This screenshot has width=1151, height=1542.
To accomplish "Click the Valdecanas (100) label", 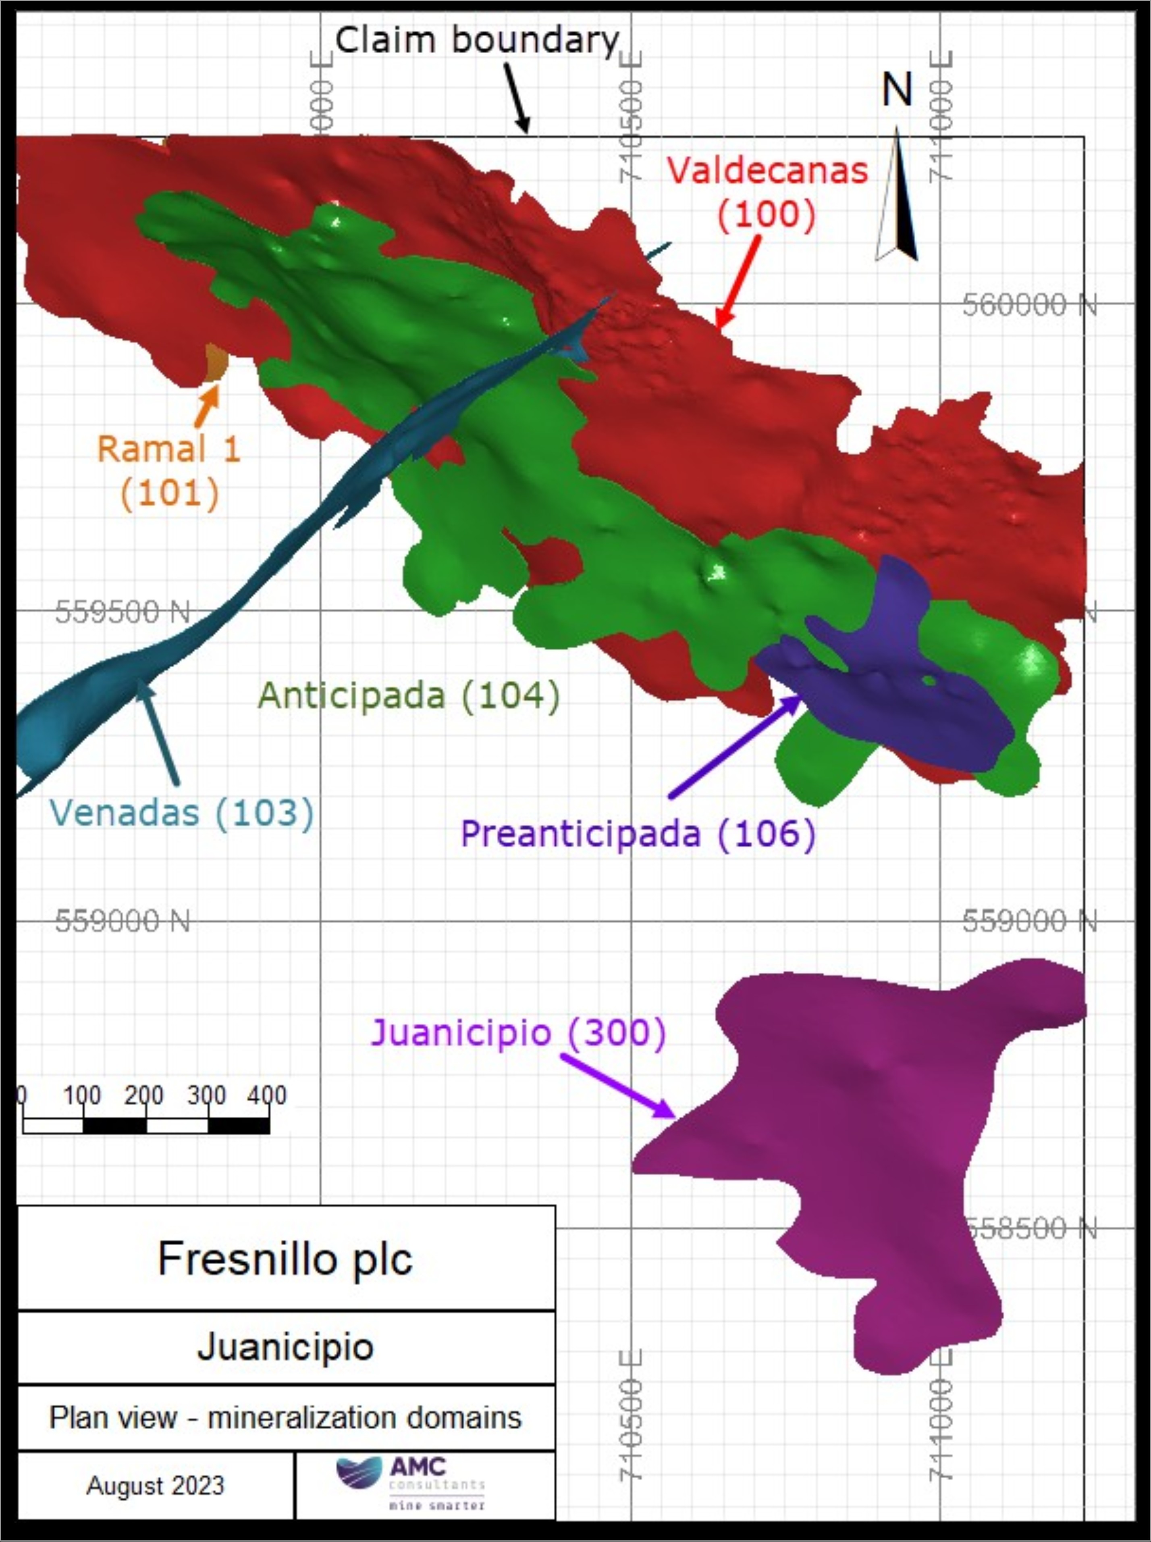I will [x=767, y=191].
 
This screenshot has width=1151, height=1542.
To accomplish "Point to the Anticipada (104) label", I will [x=409, y=695].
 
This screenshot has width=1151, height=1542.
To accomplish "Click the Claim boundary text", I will [x=477, y=40].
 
